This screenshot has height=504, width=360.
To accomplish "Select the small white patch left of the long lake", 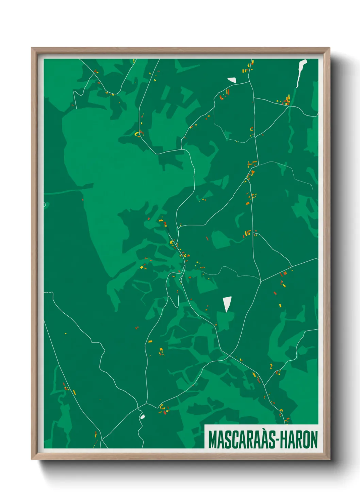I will tap(232, 80).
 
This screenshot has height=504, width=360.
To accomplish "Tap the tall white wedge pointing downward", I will tap(227, 303).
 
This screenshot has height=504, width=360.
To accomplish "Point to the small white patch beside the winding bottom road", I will tap(143, 416).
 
